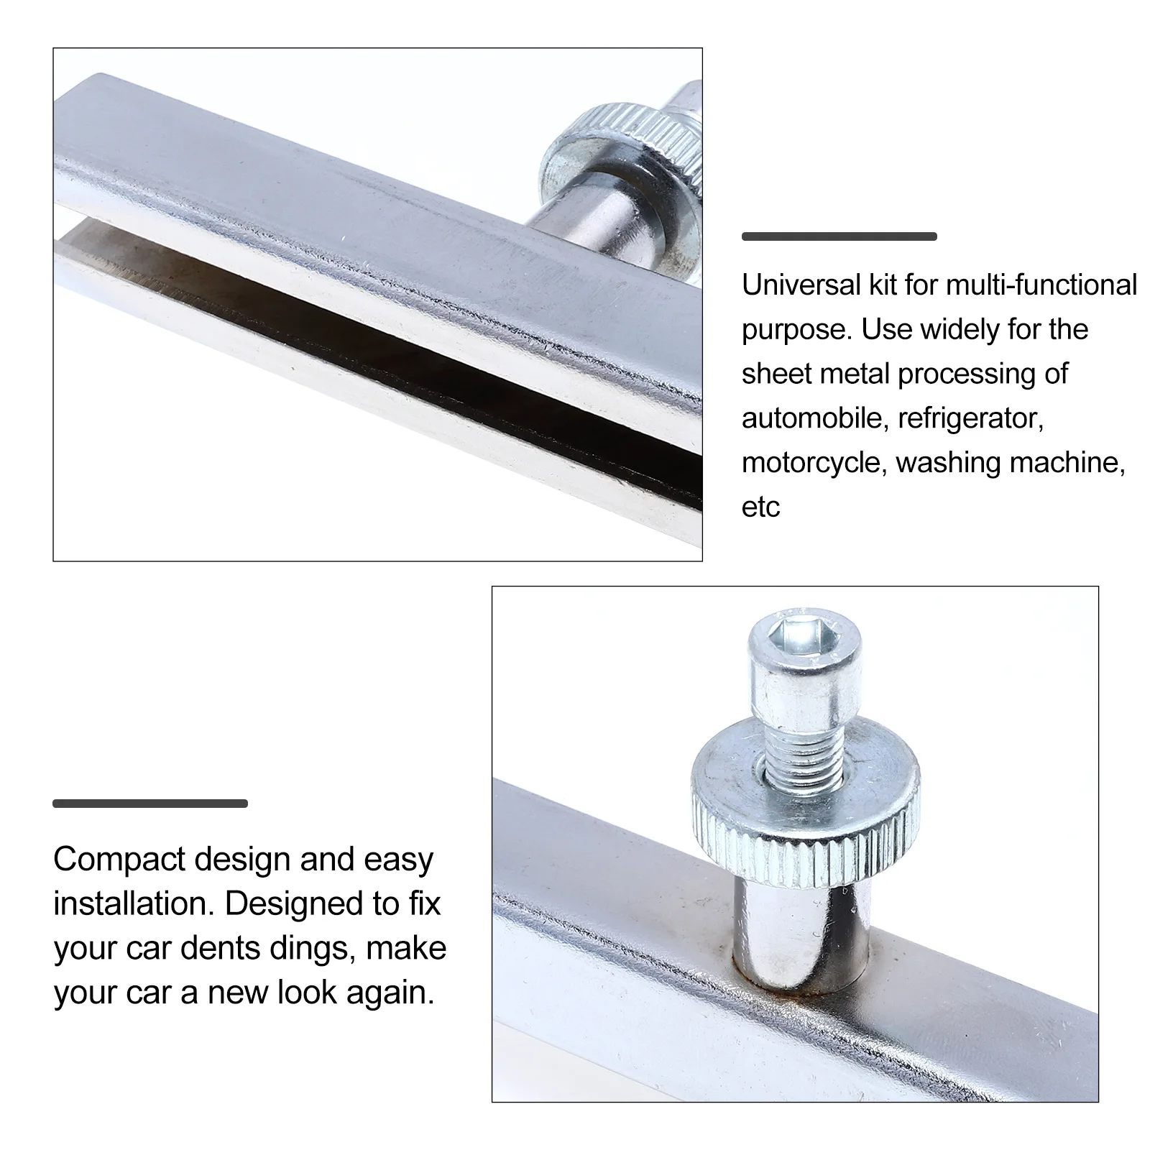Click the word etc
[760, 507]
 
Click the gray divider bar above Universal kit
[839, 236]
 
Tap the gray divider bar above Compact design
[150, 804]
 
